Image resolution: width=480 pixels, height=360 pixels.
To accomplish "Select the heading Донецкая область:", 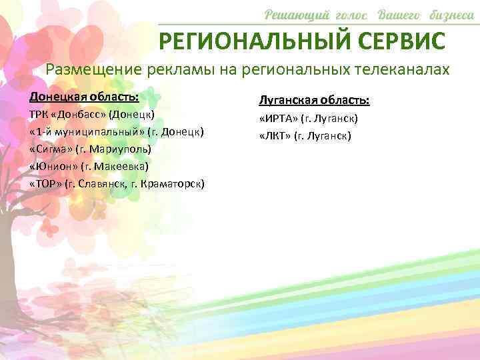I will point(84,97).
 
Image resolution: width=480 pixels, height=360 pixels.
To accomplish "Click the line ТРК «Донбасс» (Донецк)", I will point(93,115).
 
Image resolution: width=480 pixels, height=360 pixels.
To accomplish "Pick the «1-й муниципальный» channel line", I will point(117,132).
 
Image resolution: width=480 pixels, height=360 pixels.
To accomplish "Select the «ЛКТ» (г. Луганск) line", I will point(305,136).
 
